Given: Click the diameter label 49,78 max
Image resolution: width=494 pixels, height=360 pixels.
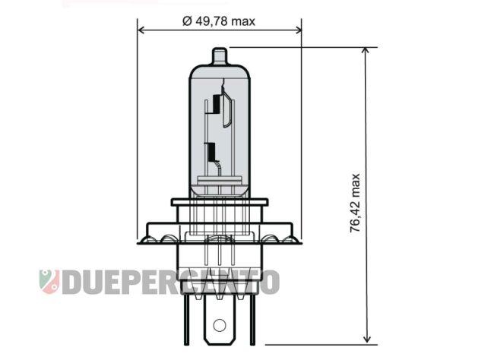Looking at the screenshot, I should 220,21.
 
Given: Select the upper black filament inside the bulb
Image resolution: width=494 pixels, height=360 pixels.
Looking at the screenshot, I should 218,104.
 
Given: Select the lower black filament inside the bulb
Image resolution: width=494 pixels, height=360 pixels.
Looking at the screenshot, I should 211,151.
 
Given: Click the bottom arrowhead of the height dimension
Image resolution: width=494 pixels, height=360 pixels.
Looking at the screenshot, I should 367,340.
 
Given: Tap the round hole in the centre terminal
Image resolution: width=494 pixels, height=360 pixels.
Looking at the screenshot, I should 220,327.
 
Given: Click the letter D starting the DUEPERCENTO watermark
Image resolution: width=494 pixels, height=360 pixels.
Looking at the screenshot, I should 71,282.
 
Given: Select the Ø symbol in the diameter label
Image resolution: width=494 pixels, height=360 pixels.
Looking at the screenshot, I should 188,21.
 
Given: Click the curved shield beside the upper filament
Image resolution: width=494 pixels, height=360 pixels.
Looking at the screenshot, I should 226,106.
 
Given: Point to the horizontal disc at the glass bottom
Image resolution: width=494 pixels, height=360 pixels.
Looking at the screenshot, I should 220,180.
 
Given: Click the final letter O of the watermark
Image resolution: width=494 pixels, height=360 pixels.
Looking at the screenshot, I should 270,282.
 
